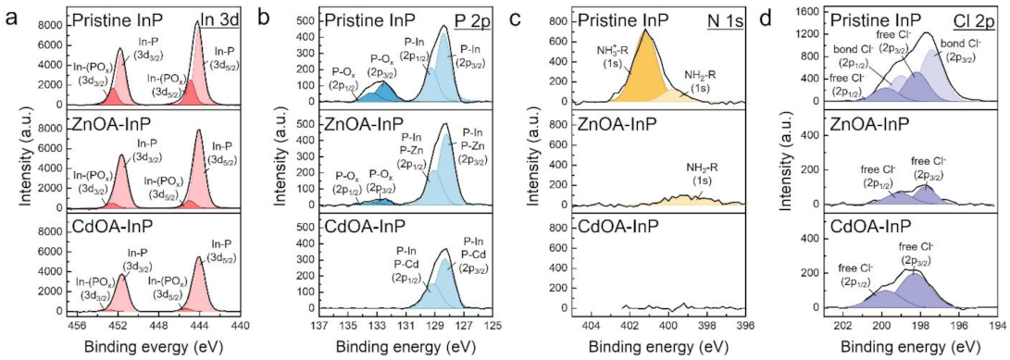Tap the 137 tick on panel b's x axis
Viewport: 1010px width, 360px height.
click(319, 325)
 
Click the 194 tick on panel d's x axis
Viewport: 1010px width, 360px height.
click(998, 325)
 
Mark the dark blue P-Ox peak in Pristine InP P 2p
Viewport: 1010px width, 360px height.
click(379, 92)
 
